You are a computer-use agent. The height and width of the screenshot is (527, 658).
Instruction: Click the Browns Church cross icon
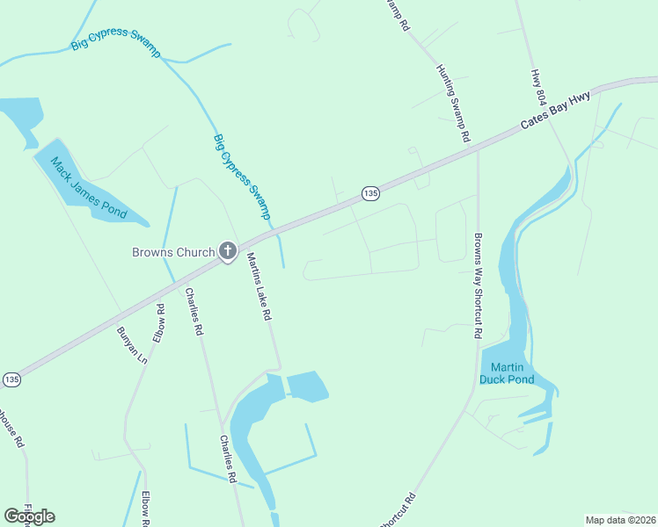227,252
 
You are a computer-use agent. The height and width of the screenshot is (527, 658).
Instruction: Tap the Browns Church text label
173,252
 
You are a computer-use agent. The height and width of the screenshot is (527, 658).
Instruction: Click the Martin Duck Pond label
507,373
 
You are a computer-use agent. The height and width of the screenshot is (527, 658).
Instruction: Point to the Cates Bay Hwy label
554,112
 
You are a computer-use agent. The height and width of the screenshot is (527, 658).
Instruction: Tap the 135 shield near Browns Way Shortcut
370,192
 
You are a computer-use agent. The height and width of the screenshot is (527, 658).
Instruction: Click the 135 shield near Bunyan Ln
11,379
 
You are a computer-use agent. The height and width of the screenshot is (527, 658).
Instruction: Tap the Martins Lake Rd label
259,286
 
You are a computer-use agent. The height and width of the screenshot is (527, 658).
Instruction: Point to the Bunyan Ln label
132,345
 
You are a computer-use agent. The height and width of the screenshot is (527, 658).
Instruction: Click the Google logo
29,516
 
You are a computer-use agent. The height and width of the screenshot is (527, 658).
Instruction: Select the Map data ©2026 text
620,520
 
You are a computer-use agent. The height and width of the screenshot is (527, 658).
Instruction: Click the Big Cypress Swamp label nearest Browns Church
241,177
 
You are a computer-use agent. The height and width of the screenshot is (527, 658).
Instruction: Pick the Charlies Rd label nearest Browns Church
193,313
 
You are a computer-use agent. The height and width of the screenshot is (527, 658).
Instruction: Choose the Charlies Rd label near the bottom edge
228,459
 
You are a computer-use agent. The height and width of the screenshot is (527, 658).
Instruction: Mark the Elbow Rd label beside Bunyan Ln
159,322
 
